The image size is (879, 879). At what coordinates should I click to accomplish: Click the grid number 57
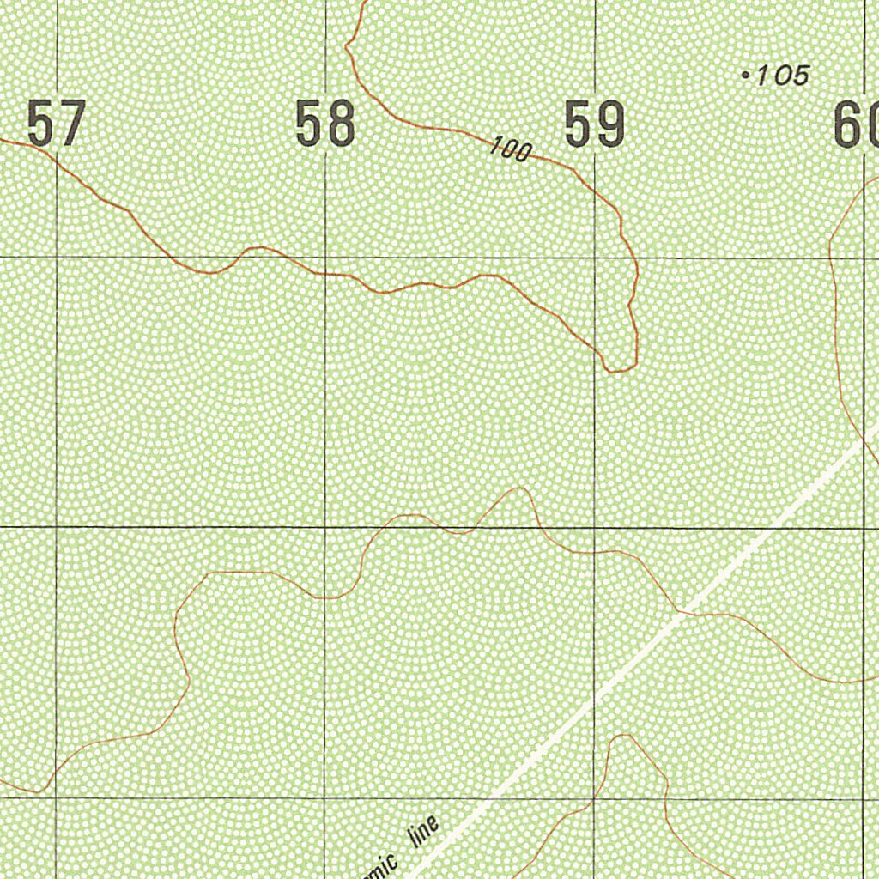(57, 124)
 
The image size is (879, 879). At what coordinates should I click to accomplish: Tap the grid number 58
(325, 124)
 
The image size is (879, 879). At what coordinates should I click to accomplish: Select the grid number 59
(594, 125)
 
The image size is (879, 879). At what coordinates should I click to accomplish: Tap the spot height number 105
(783, 76)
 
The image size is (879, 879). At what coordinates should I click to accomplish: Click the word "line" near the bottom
(425, 834)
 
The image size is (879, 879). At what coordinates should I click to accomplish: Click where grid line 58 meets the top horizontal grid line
(325, 257)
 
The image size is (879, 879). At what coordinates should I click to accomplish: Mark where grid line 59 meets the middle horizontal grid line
(595, 527)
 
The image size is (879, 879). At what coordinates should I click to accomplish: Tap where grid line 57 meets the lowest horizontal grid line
(56, 797)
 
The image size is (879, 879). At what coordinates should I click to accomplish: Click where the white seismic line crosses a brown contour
(678, 612)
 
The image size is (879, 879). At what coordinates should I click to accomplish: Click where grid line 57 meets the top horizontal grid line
(57, 257)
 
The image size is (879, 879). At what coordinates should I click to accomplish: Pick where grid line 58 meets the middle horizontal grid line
(325, 526)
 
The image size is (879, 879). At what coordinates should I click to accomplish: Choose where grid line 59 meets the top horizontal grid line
(595, 258)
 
